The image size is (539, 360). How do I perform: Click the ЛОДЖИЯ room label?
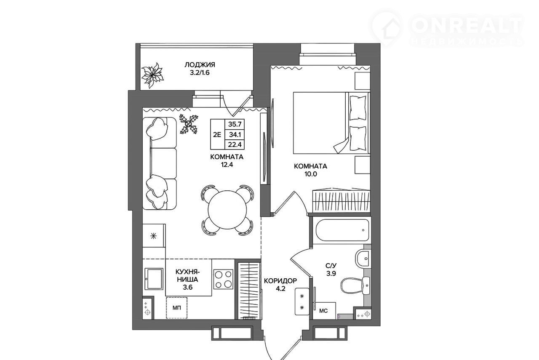pos(200,65)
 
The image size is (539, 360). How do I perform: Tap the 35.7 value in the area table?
pos(235,124)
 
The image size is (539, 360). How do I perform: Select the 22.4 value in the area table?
pos(235,145)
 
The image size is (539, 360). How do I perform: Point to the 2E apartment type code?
pos(217,134)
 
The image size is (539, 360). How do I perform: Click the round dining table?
pos(227,210)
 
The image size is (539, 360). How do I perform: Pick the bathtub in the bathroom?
pos(342,230)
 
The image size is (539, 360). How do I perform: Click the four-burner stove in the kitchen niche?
pos(224,280)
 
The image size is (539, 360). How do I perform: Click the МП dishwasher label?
pos(176,308)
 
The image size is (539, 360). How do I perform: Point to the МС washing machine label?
pos(323,311)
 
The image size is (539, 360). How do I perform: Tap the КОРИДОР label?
pos(280,280)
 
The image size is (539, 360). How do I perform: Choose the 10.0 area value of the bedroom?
pos(311,174)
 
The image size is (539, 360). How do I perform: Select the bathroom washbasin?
pos(363,259)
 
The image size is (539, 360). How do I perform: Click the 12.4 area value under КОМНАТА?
pos(227,165)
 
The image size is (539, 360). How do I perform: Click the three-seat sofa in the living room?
pos(160,163)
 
